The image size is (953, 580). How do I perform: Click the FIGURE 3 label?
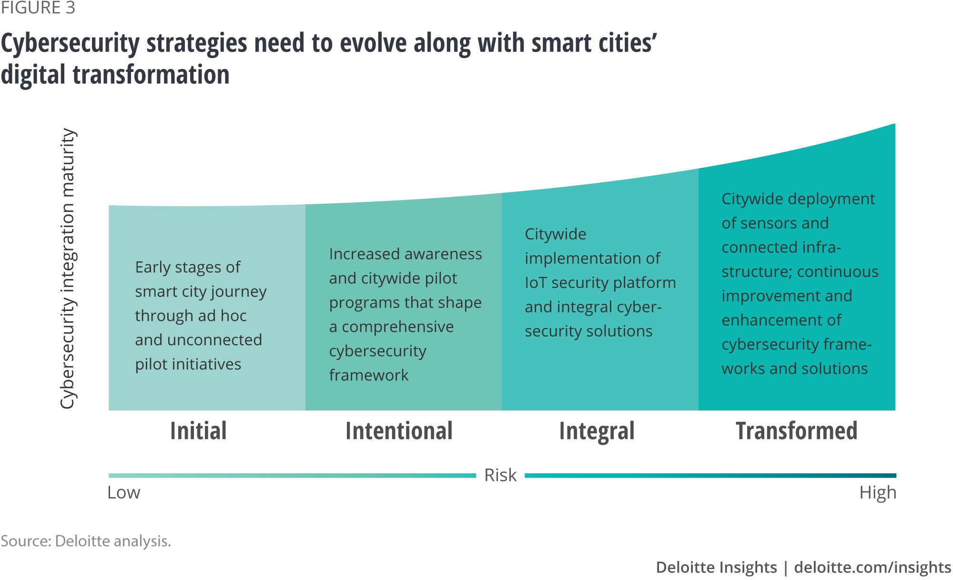(x=38, y=8)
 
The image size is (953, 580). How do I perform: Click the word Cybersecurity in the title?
(x=71, y=44)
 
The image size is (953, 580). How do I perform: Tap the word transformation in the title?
(x=151, y=75)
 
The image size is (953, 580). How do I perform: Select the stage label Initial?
(x=198, y=430)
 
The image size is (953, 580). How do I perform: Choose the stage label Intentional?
(x=399, y=430)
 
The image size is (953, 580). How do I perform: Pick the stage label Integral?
(x=597, y=431)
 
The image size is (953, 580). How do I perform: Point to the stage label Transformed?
(x=797, y=430)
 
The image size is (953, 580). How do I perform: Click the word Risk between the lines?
(x=500, y=475)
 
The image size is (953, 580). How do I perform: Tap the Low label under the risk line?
(x=124, y=492)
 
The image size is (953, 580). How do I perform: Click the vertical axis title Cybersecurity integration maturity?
(x=68, y=269)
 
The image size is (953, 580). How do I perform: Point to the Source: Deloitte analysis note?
(x=86, y=541)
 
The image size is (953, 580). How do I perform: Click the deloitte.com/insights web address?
(x=873, y=568)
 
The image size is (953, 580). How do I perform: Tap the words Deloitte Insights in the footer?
(x=717, y=567)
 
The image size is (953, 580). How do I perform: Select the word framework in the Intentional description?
(x=369, y=375)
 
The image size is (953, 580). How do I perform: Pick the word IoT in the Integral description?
(x=536, y=283)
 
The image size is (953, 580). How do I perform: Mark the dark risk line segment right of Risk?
(x=710, y=475)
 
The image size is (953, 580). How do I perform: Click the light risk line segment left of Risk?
(x=292, y=475)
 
